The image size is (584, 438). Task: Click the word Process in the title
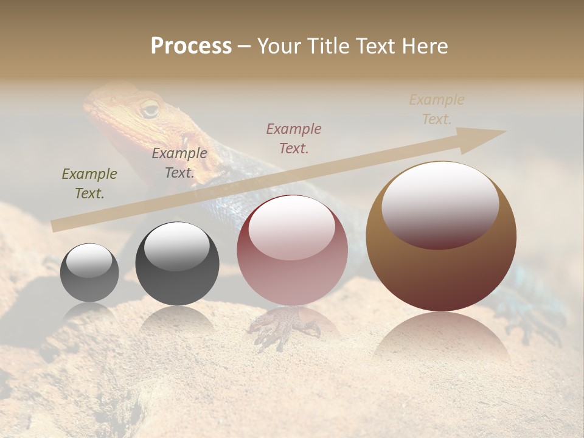pos(191,46)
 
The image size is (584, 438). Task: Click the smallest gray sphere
pos(89,273)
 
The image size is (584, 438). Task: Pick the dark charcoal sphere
pos(177,264)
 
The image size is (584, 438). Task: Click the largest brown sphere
pos(441,237)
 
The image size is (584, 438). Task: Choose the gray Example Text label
pos(179,163)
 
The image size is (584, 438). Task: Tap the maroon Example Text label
pos(294,138)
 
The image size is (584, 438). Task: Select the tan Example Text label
pos(436,109)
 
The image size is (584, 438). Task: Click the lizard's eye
pos(149,109)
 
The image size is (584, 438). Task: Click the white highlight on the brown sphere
pos(440,204)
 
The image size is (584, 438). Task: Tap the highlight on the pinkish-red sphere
pos(291,227)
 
